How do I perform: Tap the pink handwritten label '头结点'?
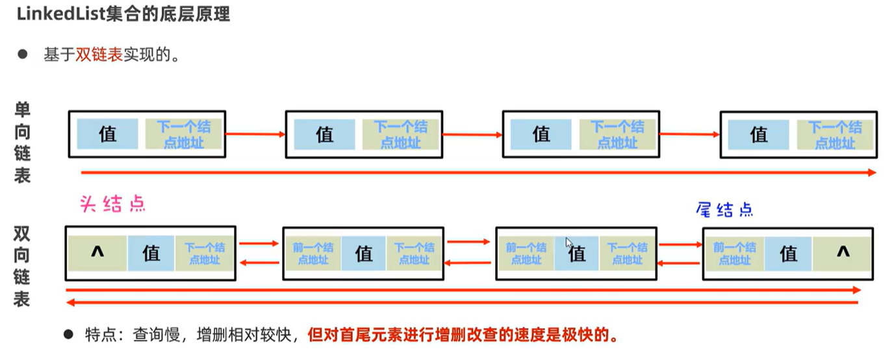point(112,204)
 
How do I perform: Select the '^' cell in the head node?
point(97,253)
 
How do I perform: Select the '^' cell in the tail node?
point(843,253)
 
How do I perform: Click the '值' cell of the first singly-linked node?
point(107,134)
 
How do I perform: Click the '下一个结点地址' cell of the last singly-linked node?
point(835,135)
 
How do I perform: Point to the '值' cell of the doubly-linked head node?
point(151,253)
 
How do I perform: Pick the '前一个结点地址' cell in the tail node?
point(734,253)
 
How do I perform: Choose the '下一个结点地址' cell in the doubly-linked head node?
point(205,253)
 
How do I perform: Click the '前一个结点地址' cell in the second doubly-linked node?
point(313,253)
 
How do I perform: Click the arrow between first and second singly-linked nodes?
point(255,134)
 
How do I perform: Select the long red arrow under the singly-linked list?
point(478,172)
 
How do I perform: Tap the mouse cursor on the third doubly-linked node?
point(569,242)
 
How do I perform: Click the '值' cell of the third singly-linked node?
point(541,134)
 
